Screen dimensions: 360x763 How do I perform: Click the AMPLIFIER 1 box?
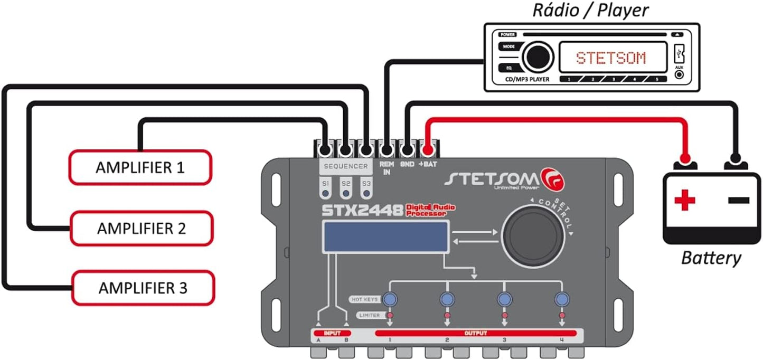tap(140, 168)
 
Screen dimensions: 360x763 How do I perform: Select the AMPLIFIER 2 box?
tap(142, 228)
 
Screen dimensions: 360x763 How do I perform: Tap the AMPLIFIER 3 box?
tap(143, 288)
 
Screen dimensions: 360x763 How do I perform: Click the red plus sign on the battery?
tap(685, 201)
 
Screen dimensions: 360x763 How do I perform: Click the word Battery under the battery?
tap(711, 258)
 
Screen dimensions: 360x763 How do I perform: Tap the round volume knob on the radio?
tap(538, 56)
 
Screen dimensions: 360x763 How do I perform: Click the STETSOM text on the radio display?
tap(610, 58)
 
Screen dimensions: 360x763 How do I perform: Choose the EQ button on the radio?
tap(508, 68)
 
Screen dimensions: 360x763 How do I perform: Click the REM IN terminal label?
tap(387, 168)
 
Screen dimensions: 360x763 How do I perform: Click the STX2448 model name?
tap(363, 210)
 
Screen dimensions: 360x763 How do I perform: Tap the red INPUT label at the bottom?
tap(332, 334)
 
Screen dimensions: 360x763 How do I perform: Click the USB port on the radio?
tap(679, 53)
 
